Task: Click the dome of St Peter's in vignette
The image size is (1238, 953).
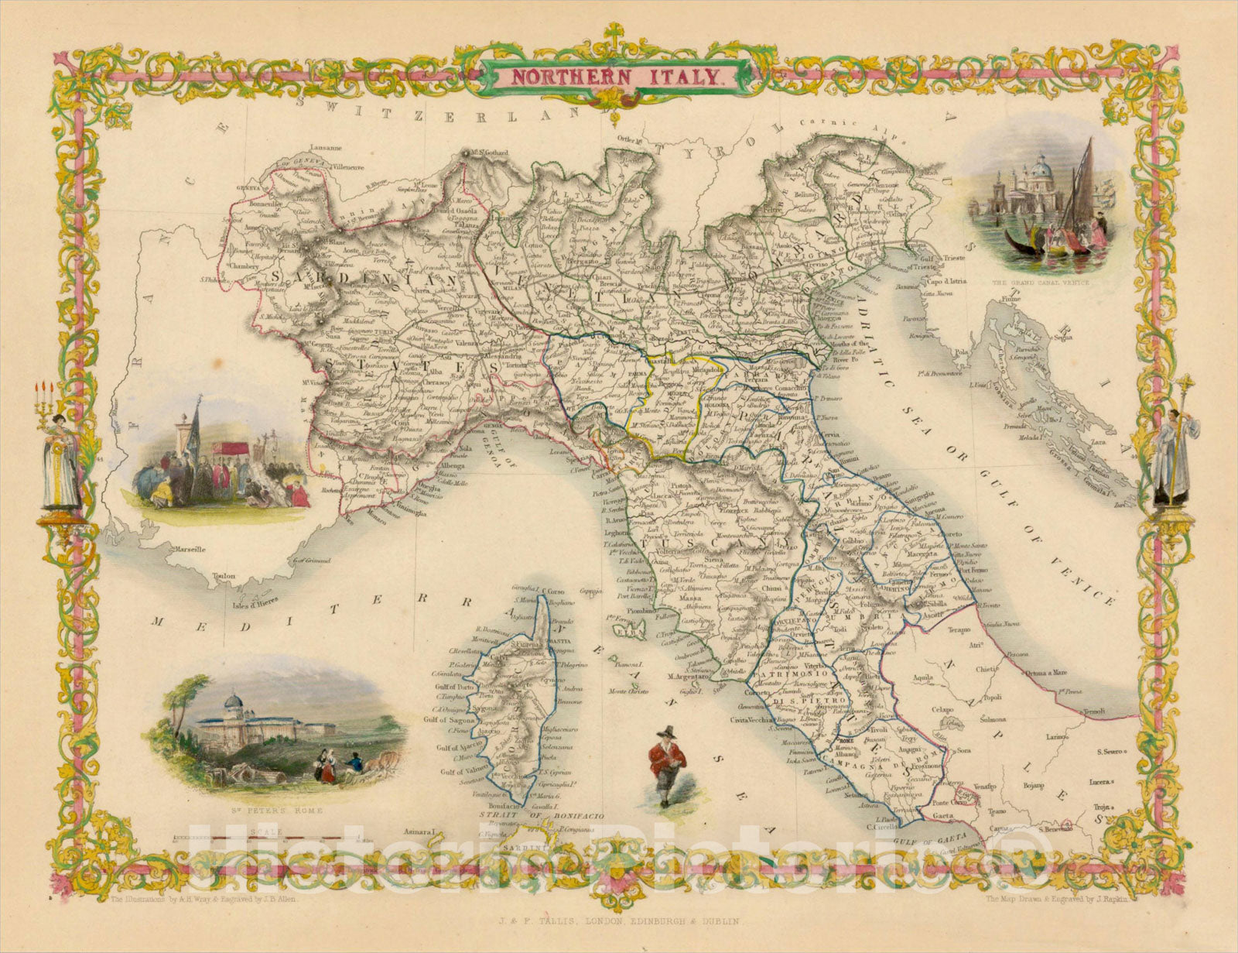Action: [x=231, y=704]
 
